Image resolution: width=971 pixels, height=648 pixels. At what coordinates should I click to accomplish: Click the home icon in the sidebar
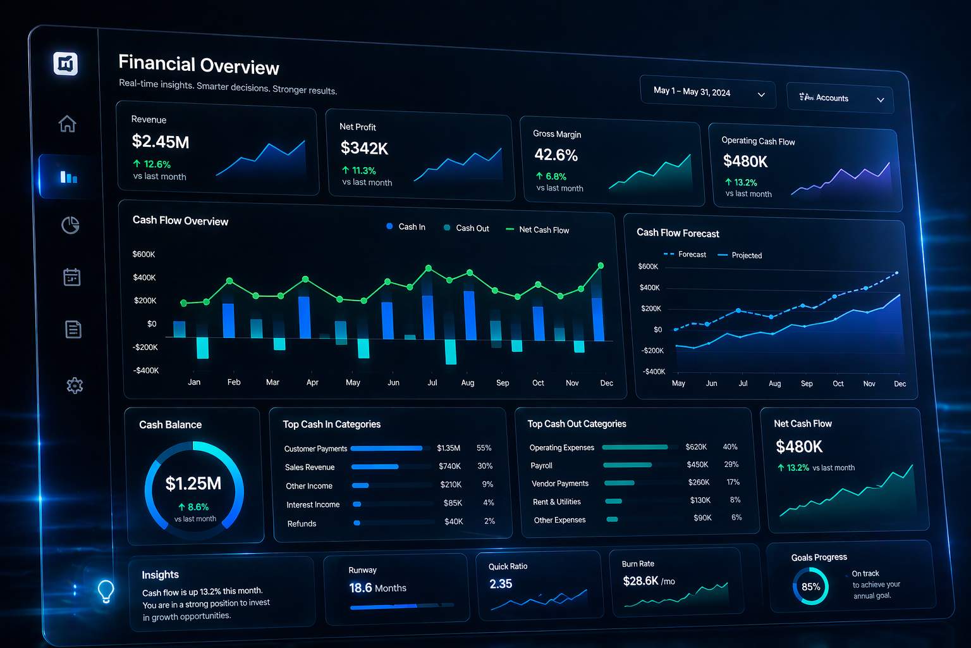[68, 123]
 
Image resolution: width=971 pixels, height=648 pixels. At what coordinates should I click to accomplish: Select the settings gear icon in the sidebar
[75, 385]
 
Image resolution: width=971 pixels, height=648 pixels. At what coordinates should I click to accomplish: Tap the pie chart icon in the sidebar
[70, 225]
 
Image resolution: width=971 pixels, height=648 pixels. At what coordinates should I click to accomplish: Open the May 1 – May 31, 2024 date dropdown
[707, 92]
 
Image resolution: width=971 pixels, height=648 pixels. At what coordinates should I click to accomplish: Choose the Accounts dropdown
[840, 99]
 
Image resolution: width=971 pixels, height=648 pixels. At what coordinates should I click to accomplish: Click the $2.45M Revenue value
[161, 142]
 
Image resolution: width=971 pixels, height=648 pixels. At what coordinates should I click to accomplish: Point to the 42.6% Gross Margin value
[556, 155]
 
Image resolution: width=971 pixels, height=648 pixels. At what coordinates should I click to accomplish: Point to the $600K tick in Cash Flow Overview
[144, 254]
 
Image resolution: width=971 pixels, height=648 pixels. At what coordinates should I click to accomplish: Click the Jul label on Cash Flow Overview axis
[432, 382]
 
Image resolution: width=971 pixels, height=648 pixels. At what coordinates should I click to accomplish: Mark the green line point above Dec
[601, 266]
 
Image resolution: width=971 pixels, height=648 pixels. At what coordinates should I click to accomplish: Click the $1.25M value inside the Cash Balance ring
[193, 484]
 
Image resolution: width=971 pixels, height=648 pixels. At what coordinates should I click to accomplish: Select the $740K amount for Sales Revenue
[449, 466]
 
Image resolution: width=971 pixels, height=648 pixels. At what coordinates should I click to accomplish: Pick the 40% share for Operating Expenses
[730, 447]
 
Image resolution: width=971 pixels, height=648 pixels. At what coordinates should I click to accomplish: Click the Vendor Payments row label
[560, 483]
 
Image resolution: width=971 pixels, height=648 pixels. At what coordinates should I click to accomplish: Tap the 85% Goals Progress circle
[810, 587]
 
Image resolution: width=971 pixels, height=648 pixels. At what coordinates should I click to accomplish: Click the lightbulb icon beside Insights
[106, 590]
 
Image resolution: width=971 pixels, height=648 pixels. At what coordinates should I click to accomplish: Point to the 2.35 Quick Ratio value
[501, 584]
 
